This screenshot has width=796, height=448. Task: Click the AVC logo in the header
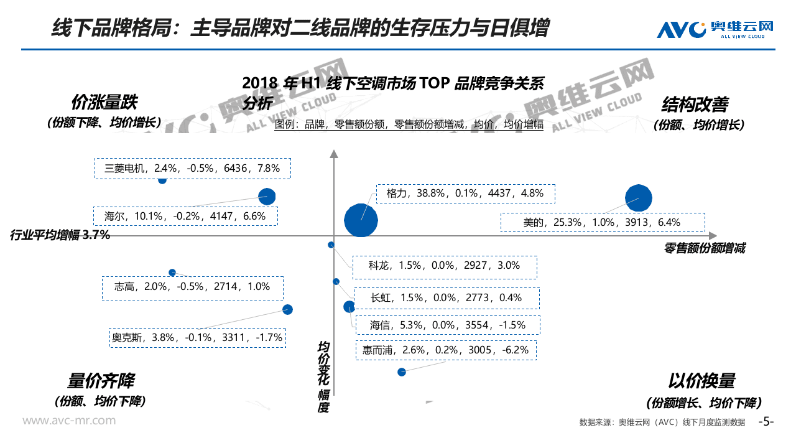715,29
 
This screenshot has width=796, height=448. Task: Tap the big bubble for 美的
638,198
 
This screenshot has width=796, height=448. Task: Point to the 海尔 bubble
267,197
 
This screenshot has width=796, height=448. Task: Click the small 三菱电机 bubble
162,180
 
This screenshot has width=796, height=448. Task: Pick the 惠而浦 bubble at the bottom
402,372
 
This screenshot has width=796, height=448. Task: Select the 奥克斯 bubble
287,309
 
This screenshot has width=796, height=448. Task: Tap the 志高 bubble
172,273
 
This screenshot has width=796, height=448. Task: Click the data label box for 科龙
444,266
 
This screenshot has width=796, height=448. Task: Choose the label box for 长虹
446,297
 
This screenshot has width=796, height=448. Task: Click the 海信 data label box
447,325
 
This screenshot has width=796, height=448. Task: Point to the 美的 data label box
602,222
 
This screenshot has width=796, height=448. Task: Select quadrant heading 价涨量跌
104,102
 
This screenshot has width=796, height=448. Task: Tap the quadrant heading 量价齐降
101,380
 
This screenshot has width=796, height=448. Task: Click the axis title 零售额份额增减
704,248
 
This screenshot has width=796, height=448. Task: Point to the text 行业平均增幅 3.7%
60,235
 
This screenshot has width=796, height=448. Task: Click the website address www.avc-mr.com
69,421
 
